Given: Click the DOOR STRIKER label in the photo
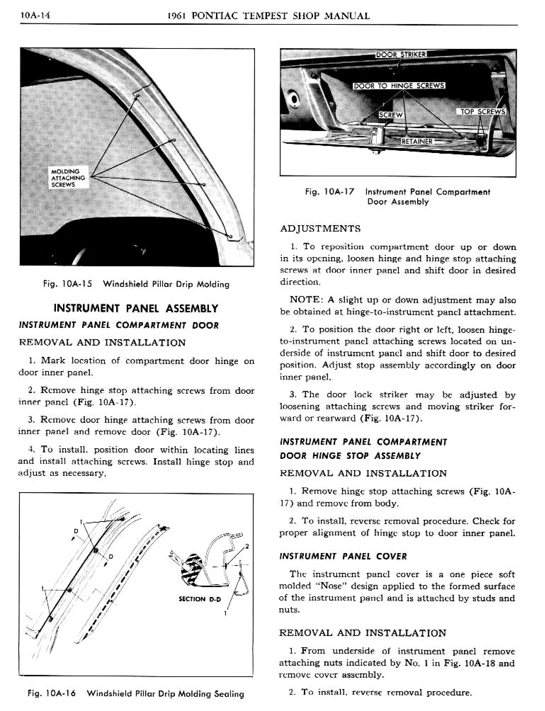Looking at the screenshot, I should (401, 55).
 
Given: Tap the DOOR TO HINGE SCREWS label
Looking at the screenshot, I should (399, 86).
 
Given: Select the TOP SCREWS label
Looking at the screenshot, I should (483, 112).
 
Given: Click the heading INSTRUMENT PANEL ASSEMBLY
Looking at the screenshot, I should (136, 308).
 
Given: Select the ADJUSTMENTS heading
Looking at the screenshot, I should (320, 229).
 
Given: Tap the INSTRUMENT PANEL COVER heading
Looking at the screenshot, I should (343, 556).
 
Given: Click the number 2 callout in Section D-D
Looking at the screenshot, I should (247, 546).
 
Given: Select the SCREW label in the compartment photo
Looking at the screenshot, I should (391, 115).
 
